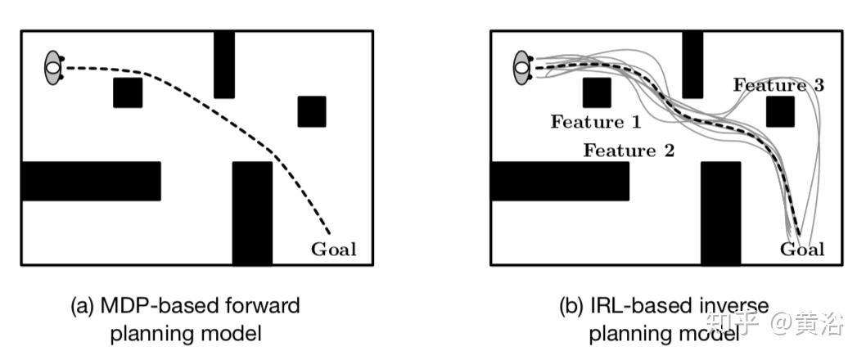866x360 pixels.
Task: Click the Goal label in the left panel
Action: (334, 250)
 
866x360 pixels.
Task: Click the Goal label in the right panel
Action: (802, 250)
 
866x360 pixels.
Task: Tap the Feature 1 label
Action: (596, 123)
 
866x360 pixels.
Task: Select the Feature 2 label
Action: (629, 151)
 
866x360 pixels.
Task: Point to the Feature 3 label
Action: (778, 84)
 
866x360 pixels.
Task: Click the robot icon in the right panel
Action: (523, 67)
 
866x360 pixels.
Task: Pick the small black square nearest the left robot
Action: (128, 93)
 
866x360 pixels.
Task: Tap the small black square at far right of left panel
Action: (312, 111)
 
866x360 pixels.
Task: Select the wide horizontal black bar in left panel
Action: (91, 181)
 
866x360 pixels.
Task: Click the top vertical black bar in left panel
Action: (224, 65)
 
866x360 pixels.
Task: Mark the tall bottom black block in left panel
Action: (252, 213)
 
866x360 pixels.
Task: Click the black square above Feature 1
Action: (597, 93)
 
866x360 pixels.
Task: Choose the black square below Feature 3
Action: (781, 111)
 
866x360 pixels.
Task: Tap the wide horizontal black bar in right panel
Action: (560, 181)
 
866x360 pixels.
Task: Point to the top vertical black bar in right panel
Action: (692, 65)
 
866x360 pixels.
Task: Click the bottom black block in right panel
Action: (720, 213)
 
